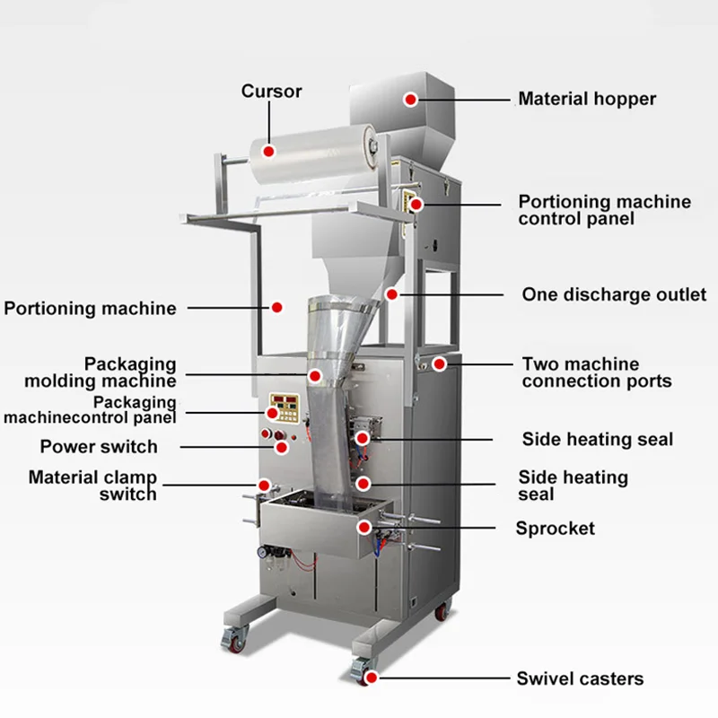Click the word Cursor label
pyautogui.click(x=271, y=91)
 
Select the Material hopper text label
pyautogui.click(x=587, y=98)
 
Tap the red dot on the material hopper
pyautogui.click(x=410, y=99)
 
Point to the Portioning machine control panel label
pyautogui.click(x=605, y=210)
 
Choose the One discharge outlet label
pyautogui.click(x=614, y=294)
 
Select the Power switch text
pyautogui.click(x=99, y=446)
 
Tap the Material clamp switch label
pyautogui.click(x=92, y=486)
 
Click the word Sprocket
pyautogui.click(x=555, y=529)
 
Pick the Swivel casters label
pyautogui.click(x=579, y=679)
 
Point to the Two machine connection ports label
pyautogui.click(x=596, y=372)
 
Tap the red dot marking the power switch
pyautogui.click(x=281, y=447)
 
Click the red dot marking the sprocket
pyautogui.click(x=365, y=527)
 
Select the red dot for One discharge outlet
pyautogui.click(x=391, y=293)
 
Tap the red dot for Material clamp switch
pyautogui.click(x=264, y=486)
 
